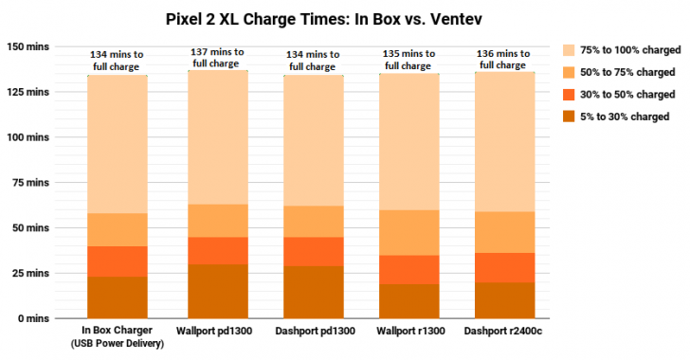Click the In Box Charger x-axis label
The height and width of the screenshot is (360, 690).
[x=118, y=332]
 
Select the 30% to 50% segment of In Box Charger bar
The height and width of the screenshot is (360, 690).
[x=118, y=261]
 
